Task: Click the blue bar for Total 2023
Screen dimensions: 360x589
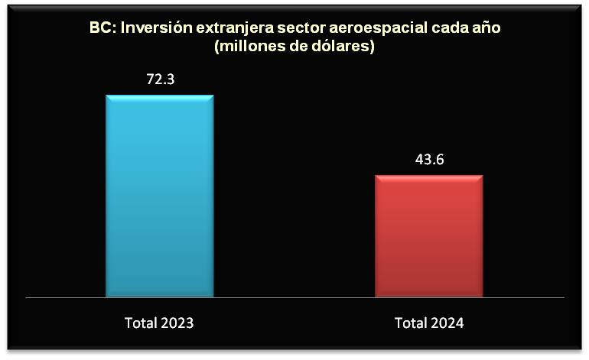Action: pyautogui.click(x=159, y=195)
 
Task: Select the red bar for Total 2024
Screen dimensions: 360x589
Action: pyautogui.click(x=429, y=235)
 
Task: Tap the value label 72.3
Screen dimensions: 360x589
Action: pyautogui.click(x=161, y=79)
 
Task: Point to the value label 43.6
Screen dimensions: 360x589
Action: pyautogui.click(x=429, y=159)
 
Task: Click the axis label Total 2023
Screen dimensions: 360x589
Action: pyautogui.click(x=159, y=323)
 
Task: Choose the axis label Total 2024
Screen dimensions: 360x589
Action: pyautogui.click(x=429, y=323)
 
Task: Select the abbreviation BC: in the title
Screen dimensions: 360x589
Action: pyautogui.click(x=104, y=29)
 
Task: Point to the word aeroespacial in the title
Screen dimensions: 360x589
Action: pyautogui.click(x=377, y=29)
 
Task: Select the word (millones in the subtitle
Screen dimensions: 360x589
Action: pyautogui.click(x=246, y=47)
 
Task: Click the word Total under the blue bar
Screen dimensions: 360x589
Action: pyautogui.click(x=141, y=323)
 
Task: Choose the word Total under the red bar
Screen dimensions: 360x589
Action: pyautogui.click(x=411, y=323)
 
